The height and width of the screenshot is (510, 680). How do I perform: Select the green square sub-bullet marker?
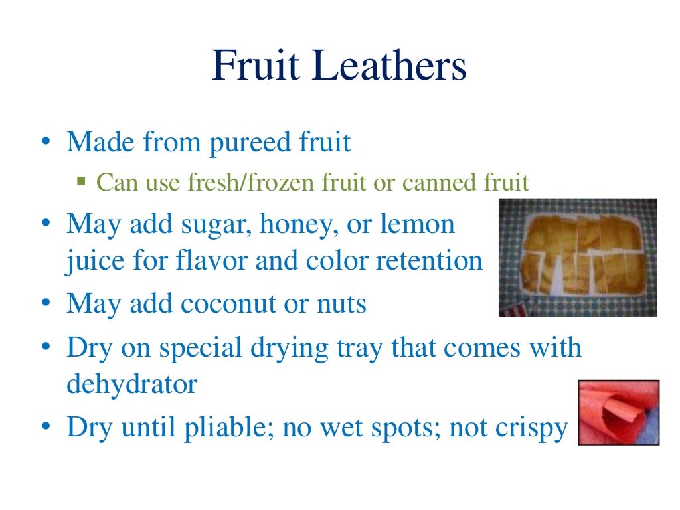82,181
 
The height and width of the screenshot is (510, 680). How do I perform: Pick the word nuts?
340,305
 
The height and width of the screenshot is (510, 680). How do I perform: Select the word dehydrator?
131,384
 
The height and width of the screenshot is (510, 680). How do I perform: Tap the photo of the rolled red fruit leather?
618,412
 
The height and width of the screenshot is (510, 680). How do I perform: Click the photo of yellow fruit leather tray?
578,257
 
